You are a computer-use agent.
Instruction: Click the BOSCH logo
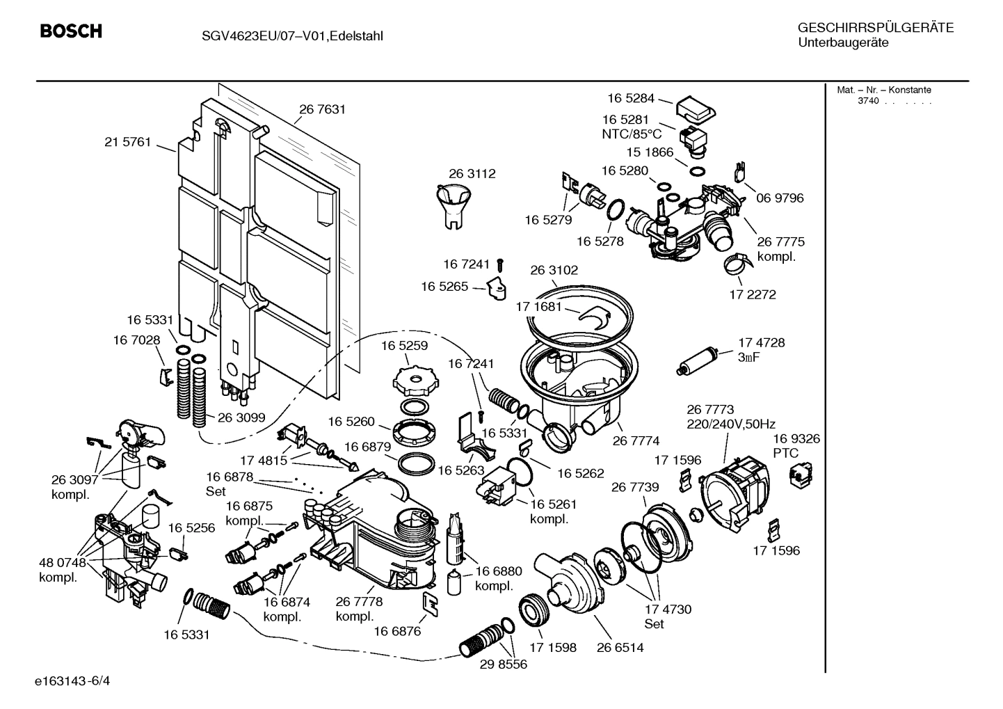[71, 31]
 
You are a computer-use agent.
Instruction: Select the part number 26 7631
[322, 109]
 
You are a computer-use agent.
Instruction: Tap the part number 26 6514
[620, 647]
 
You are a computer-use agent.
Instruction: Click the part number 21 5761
[127, 142]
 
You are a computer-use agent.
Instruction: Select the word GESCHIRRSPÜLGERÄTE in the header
[875, 29]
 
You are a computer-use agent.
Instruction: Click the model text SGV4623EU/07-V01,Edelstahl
[287, 35]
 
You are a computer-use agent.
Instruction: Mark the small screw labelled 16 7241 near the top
[500, 264]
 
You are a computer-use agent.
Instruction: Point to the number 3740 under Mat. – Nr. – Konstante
[867, 101]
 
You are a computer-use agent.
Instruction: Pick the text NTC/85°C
[632, 134]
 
